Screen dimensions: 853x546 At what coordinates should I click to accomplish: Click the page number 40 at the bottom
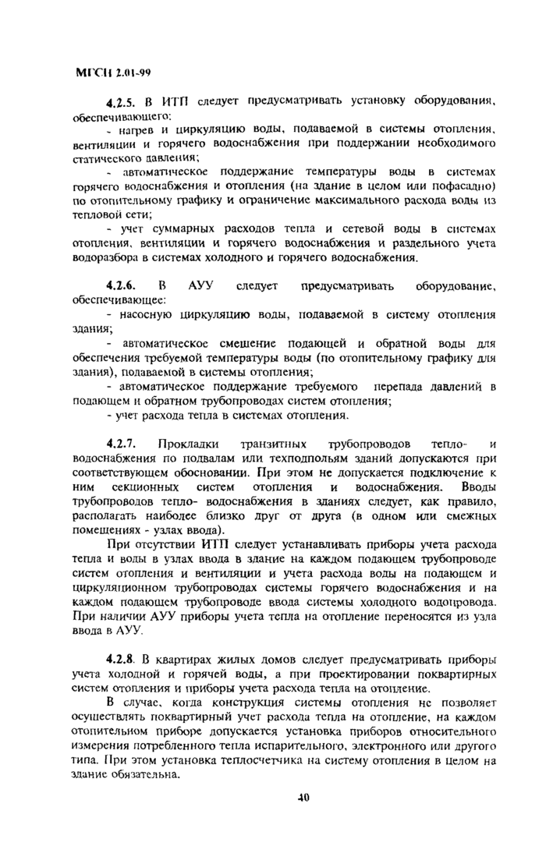(x=304, y=797)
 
